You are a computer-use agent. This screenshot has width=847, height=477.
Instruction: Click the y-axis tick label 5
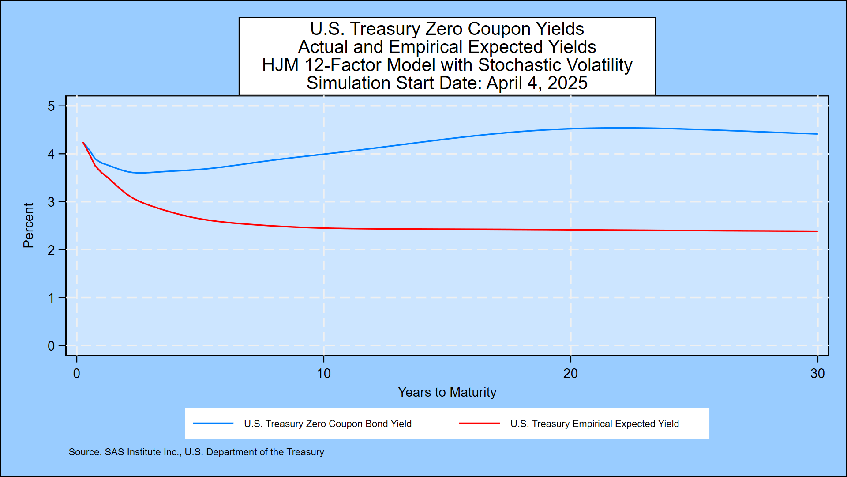51,106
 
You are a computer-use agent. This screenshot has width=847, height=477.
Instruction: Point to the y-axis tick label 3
51,202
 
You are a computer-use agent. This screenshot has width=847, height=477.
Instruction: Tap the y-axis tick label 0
51,346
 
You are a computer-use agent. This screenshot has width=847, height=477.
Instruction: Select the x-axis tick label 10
323,374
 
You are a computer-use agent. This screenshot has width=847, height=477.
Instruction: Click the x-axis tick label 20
570,374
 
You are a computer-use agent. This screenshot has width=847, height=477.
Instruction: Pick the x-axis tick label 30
817,374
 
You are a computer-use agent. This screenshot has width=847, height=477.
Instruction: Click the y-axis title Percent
28,225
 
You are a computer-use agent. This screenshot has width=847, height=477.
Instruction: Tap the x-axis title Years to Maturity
447,392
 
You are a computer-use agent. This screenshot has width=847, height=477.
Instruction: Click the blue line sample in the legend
213,424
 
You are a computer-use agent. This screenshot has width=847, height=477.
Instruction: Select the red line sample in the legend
480,424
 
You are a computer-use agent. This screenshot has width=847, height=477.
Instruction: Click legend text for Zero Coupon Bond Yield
328,424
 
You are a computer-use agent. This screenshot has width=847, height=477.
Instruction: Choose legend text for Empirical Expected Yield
595,424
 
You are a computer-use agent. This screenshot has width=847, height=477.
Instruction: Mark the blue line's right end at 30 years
817,134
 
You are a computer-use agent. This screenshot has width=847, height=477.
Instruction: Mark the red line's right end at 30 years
817,231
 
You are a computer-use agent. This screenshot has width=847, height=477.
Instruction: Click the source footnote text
196,452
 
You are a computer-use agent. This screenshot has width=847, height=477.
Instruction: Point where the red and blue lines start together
83,142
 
